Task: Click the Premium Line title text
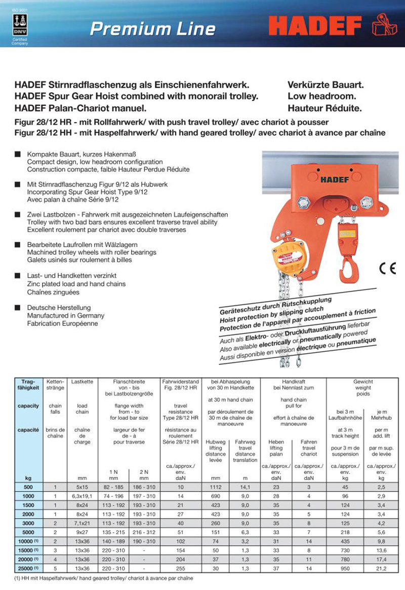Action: [x=152, y=28]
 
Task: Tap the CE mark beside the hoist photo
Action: [x=387, y=269]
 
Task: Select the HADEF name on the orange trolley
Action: [x=337, y=179]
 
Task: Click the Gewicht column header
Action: [x=363, y=381]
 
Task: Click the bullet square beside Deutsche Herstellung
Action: [x=17, y=307]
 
